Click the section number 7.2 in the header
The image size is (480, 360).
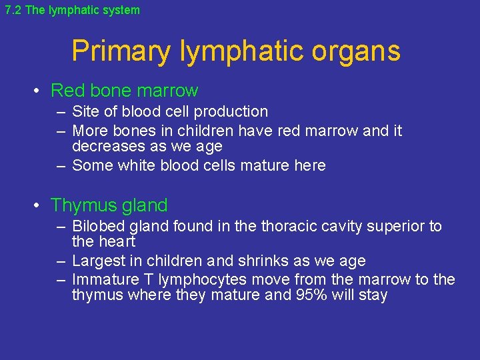[x=13, y=10]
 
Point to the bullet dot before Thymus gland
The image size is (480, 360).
[x=39, y=206]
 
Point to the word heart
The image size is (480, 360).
[x=117, y=242]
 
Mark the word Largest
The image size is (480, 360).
[x=99, y=261]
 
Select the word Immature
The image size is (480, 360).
[x=103, y=279]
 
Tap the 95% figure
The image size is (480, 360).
[x=311, y=295]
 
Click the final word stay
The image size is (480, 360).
[x=373, y=295]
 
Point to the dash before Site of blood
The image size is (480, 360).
[x=61, y=112]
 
